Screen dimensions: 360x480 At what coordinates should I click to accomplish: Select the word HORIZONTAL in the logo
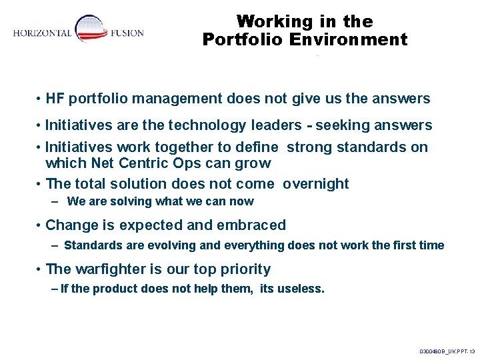tap(42, 33)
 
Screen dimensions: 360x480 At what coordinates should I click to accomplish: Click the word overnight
tap(315, 184)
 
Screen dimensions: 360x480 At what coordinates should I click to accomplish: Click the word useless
tap(301, 289)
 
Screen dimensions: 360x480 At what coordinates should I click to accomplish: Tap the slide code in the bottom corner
tap(447, 351)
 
